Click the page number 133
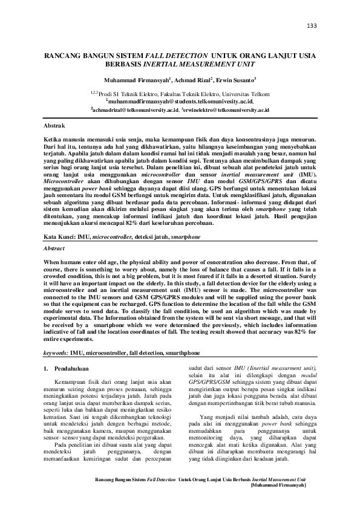(x=312, y=26)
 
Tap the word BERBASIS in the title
(x=125, y=63)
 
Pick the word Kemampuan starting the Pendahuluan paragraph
(x=68, y=383)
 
